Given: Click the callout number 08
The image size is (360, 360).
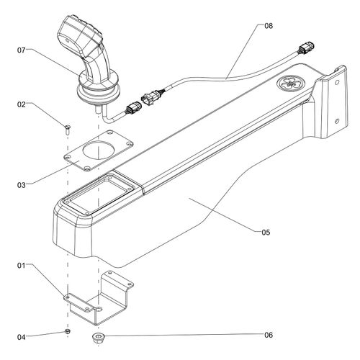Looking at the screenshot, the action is point(269,26).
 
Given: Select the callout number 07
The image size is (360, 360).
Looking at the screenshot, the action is point(21,50).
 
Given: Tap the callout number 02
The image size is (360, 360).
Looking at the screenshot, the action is point(21,104).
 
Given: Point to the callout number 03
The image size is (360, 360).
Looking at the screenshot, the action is point(21,185).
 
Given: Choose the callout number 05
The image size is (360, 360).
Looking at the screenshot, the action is point(266,232).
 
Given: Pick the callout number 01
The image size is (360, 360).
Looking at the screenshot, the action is point(21,266).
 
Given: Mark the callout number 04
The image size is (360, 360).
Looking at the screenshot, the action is point(21,337).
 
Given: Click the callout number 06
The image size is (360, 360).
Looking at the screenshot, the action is point(269,335).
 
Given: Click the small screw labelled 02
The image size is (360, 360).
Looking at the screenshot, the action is point(68,130).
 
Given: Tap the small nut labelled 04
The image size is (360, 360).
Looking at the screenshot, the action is point(68,331).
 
